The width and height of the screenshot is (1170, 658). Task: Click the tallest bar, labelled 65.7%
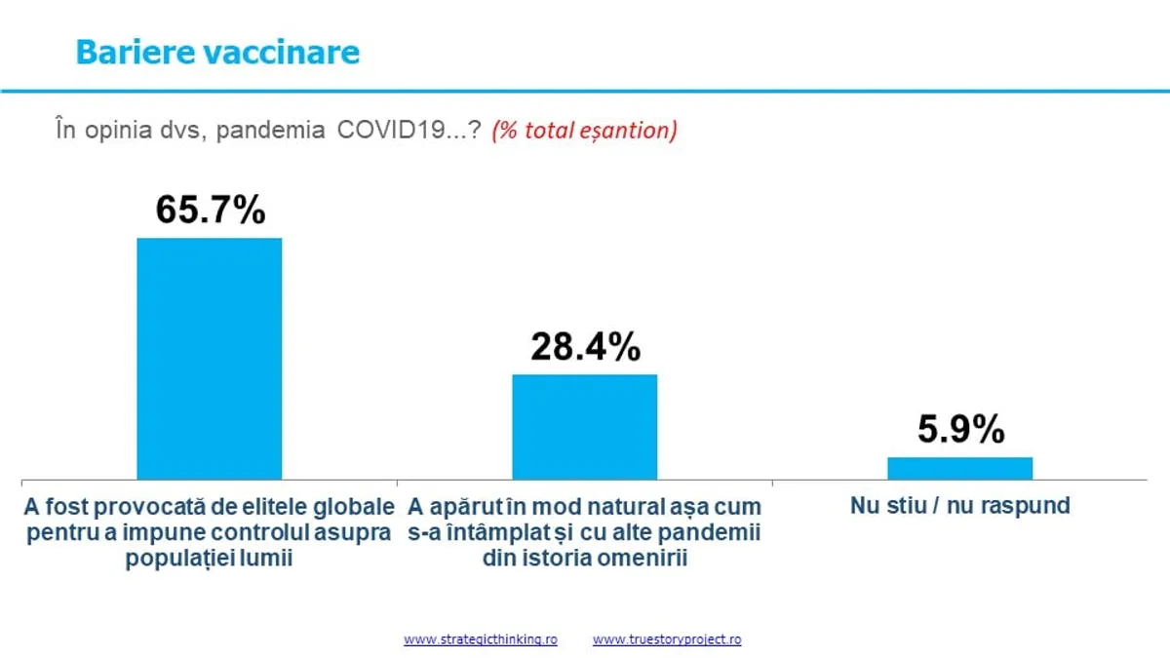(209, 359)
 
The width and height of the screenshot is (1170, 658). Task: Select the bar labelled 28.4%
(585, 427)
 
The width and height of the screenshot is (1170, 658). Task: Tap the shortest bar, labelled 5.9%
(959, 468)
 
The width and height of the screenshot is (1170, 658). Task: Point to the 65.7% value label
(211, 210)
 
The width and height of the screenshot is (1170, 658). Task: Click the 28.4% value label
(585, 346)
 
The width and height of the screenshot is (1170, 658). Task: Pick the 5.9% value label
(960, 429)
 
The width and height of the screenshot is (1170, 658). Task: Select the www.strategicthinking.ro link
(481, 640)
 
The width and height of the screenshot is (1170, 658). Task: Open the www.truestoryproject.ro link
(667, 640)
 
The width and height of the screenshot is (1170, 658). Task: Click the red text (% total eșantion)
(584, 131)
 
